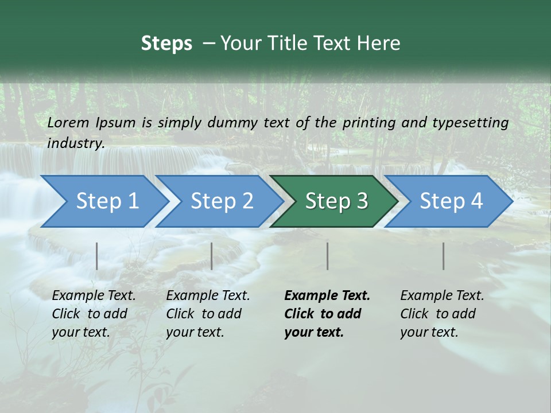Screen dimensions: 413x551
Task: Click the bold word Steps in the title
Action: pos(166,44)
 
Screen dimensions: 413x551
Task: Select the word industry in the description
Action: pos(76,143)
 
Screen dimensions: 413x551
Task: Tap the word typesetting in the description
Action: pos(469,122)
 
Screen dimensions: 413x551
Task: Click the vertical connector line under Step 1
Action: pos(97,256)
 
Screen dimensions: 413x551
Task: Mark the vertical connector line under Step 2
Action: pos(212,256)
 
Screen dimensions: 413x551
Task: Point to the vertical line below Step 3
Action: pos(328,256)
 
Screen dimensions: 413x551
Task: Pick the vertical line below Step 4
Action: pos(444,256)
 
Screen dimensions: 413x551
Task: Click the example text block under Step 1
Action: pos(94,314)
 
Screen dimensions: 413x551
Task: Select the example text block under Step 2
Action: pos(208,314)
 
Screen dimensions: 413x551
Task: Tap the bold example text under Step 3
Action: pos(327,314)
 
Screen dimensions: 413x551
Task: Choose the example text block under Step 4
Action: pos(442,314)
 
